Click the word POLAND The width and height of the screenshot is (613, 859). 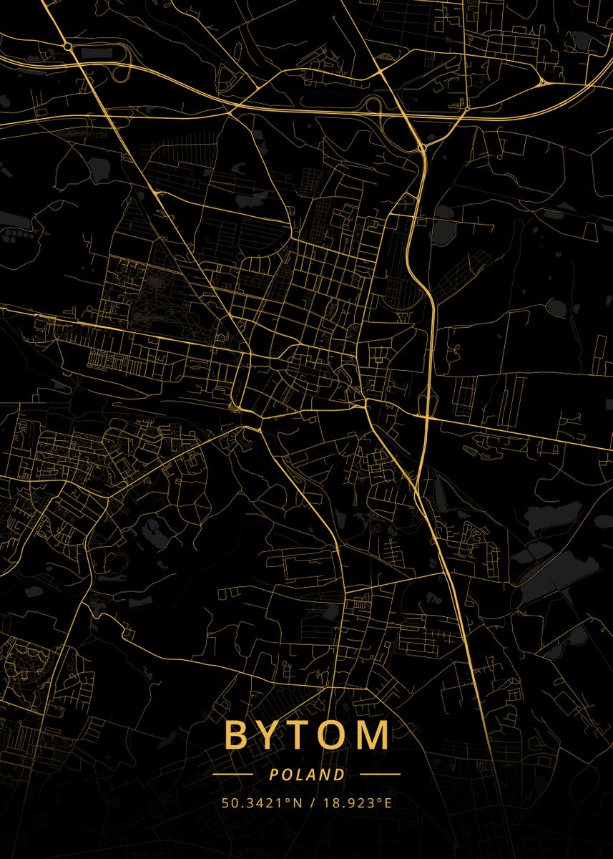pos(307,775)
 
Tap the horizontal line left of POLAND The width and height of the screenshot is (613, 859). pos(232,775)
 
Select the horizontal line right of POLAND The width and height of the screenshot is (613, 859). pos(380,775)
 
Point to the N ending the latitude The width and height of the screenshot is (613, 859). pos(298,803)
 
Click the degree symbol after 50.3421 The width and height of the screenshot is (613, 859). pos(290,800)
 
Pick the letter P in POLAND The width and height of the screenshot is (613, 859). pos(274,775)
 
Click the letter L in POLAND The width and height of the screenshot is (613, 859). pos(300,775)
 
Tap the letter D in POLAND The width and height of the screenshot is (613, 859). pos(339,775)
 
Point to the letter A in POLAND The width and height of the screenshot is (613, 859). pos(313,775)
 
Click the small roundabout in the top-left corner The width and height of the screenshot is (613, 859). pos(67,46)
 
